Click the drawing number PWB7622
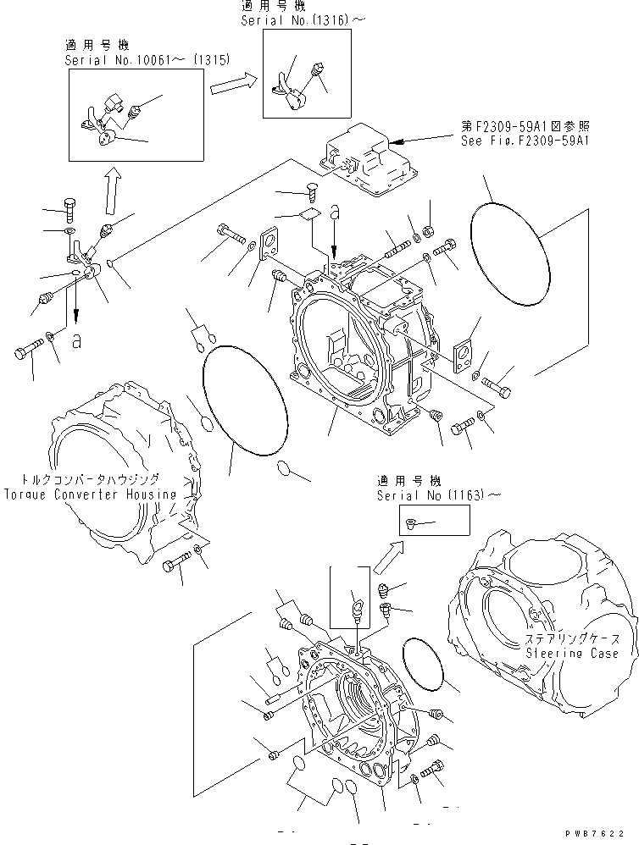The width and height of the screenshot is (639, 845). (603, 835)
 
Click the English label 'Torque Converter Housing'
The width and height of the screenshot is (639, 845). (90, 494)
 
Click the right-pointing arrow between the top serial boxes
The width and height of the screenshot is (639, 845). (233, 83)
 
